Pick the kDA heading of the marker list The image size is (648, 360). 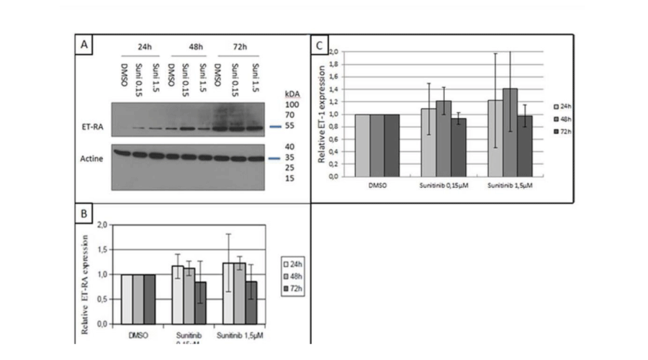click(292, 95)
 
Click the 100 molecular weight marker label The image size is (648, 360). click(292, 105)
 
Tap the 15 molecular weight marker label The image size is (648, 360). click(289, 178)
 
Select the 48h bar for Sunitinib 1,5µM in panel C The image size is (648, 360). click(510, 132)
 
